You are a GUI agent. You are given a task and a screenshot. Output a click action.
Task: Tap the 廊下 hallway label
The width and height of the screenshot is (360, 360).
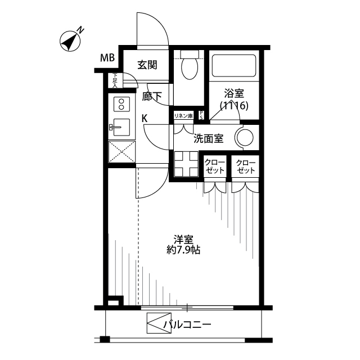[152, 97]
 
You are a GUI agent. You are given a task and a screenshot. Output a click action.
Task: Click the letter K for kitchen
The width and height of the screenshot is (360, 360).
[145, 118]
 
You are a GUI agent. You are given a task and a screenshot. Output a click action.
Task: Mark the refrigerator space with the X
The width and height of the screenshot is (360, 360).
[122, 151]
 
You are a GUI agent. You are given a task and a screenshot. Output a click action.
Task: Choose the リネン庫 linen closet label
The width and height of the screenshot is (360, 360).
[183, 115]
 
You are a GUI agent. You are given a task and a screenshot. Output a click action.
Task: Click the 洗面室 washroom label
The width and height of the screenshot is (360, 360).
[209, 139]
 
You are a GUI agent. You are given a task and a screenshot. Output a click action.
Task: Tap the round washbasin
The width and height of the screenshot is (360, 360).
[246, 138]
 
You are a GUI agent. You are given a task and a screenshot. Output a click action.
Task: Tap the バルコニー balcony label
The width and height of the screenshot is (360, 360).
[187, 325]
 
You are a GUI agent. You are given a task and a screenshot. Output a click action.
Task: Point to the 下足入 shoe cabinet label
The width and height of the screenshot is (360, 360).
[115, 80]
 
